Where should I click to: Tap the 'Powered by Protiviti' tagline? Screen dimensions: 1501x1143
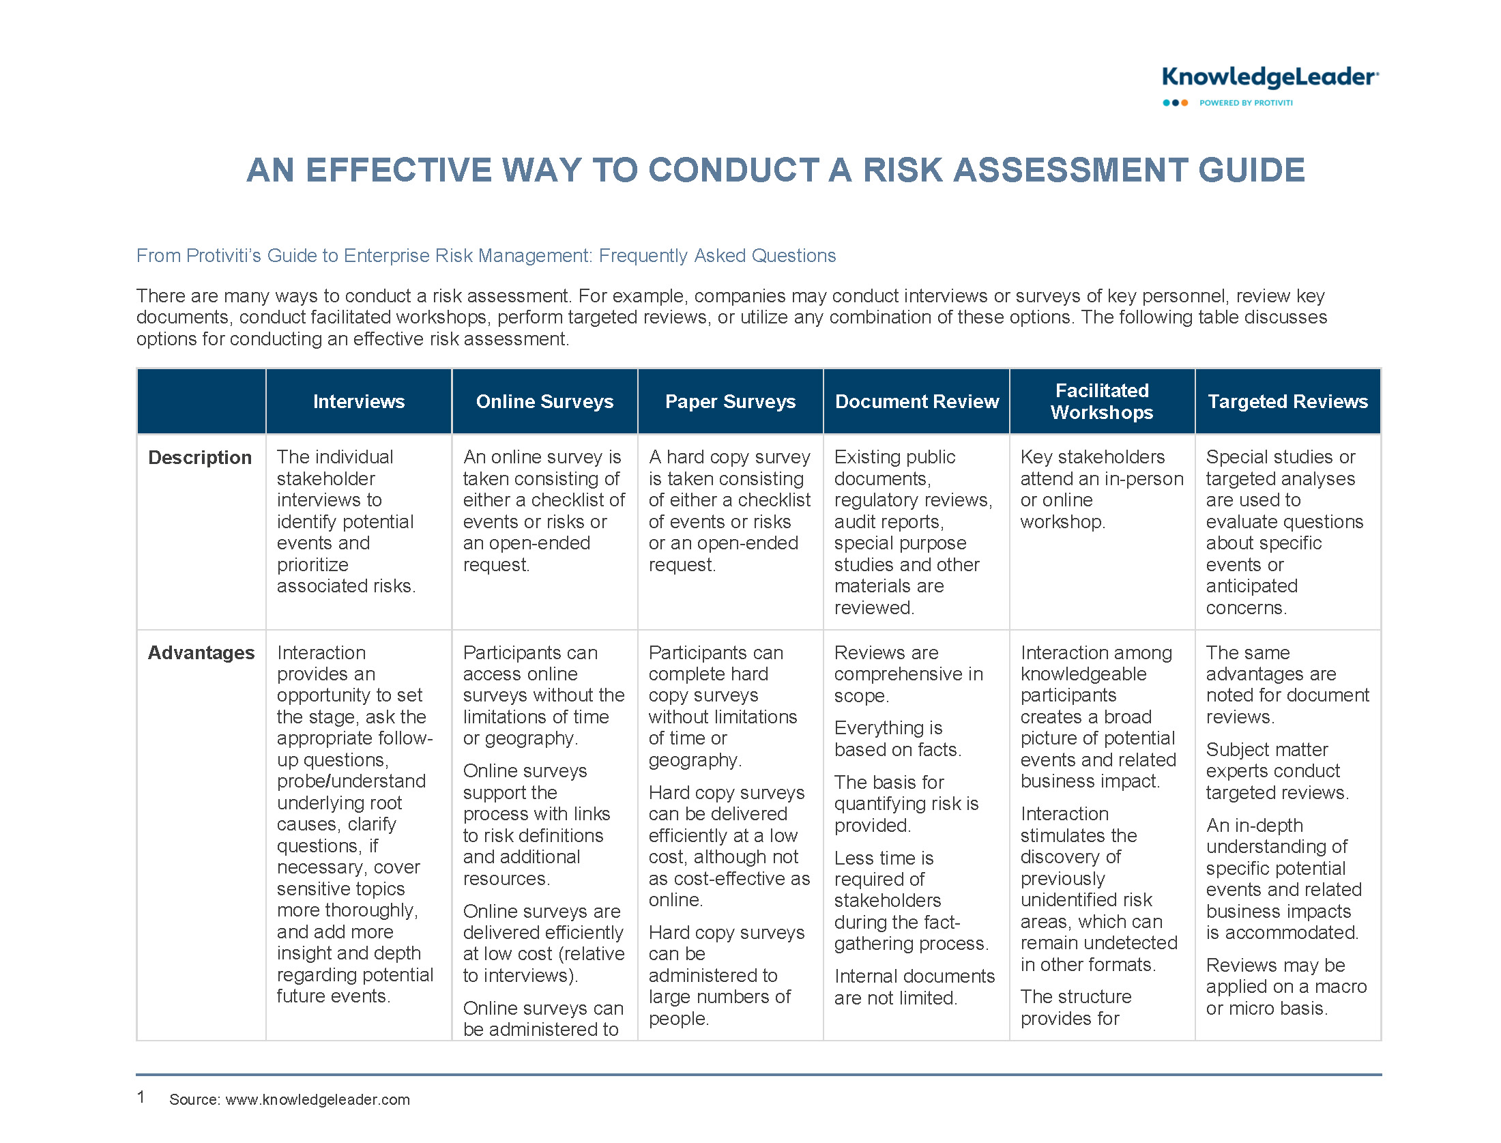[1246, 103]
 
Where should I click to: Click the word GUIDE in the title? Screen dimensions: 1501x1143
[1251, 170]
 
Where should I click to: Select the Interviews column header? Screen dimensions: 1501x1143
[359, 401]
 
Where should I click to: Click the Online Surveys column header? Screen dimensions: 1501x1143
[544, 401]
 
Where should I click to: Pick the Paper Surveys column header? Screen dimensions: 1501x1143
[730, 401]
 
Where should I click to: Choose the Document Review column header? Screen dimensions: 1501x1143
[917, 401]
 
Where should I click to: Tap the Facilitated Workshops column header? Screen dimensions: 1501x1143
[1102, 401]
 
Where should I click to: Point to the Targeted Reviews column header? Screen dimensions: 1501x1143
[1288, 401]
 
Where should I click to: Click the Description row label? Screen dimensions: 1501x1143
[200, 457]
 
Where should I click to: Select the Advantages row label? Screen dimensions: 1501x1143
[201, 653]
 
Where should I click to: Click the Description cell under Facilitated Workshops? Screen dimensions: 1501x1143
[1102, 489]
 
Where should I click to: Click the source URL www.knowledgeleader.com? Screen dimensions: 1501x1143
[318, 1099]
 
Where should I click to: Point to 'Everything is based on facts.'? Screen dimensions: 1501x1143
[897, 738]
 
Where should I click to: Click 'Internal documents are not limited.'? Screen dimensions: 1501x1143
[914, 987]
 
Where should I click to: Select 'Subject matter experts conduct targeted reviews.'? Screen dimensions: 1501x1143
[1277, 771]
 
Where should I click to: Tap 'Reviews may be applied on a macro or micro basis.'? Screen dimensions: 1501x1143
[1287, 987]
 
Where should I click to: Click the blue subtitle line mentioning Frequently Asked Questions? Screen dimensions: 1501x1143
[486, 256]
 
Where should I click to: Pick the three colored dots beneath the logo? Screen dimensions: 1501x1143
[1176, 103]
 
